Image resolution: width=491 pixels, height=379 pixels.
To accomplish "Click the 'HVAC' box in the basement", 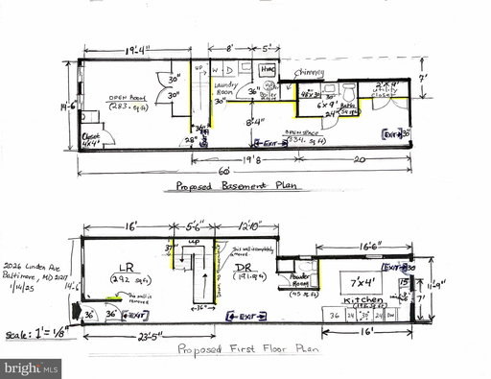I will click(x=269, y=71).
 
